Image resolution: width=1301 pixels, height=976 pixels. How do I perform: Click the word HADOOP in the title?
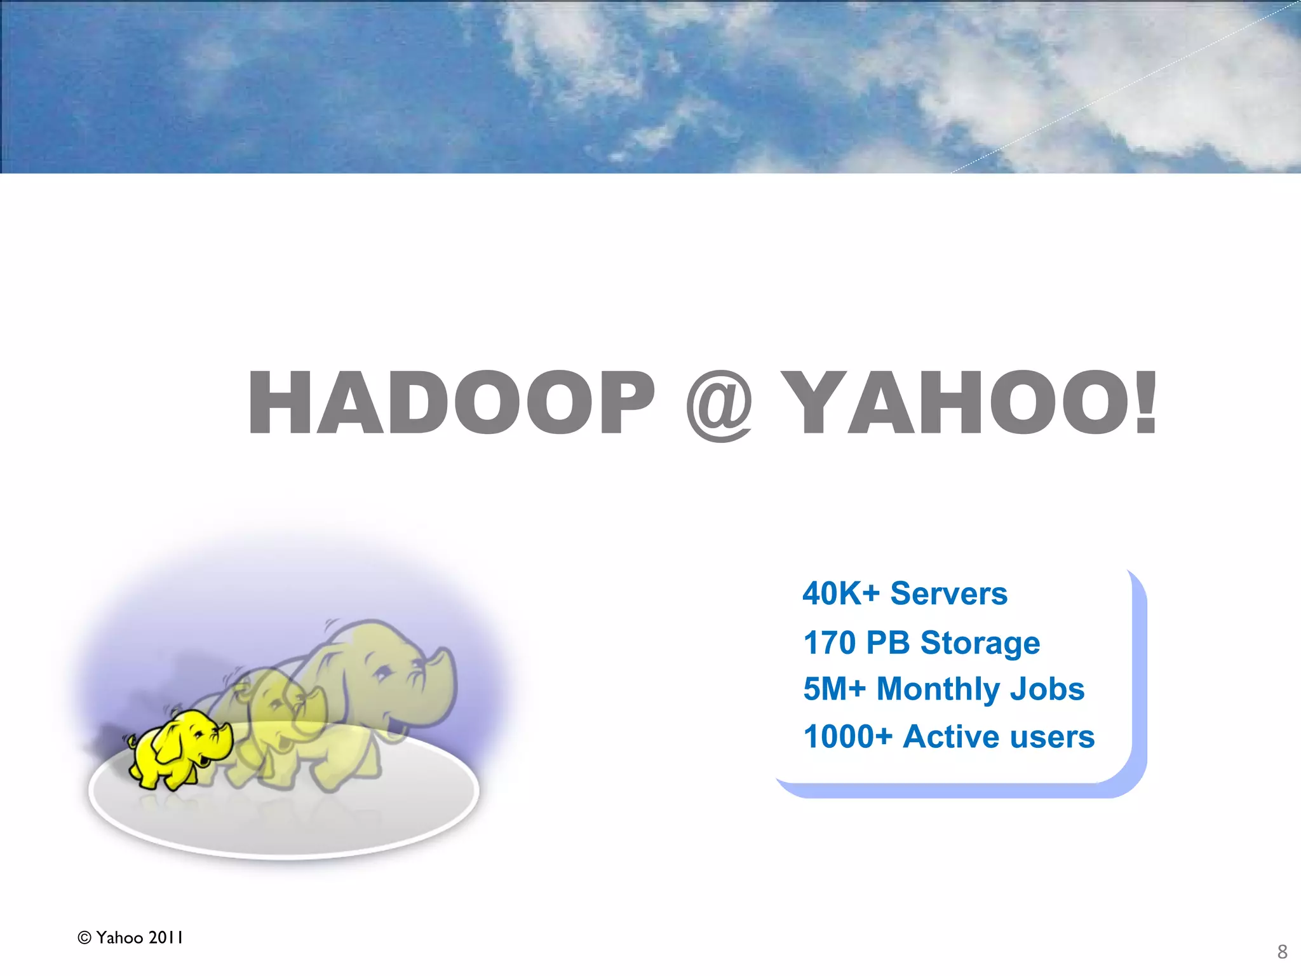pyautogui.click(x=451, y=403)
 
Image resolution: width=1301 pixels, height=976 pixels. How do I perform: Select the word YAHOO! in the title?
pyautogui.click(x=969, y=403)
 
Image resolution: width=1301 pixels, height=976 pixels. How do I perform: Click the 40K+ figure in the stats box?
pyautogui.click(x=841, y=593)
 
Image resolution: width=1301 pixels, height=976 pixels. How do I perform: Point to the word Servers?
pyautogui.click(x=948, y=593)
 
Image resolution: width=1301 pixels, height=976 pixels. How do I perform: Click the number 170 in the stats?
pyautogui.click(x=830, y=642)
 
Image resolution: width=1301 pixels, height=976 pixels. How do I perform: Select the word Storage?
pyautogui.click(x=980, y=644)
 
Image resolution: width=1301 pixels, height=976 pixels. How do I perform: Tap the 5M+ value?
pyautogui.click(x=834, y=689)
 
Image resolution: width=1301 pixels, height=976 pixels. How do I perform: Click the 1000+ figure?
pyautogui.click(x=848, y=736)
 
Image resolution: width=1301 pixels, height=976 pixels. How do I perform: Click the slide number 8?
pyautogui.click(x=1282, y=952)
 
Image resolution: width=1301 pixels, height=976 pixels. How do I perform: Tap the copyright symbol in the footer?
pyautogui.click(x=84, y=938)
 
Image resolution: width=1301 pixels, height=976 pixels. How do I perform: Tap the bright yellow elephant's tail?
pyautogui.click(x=131, y=741)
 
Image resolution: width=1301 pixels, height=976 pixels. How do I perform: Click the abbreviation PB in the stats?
pyautogui.click(x=887, y=642)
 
